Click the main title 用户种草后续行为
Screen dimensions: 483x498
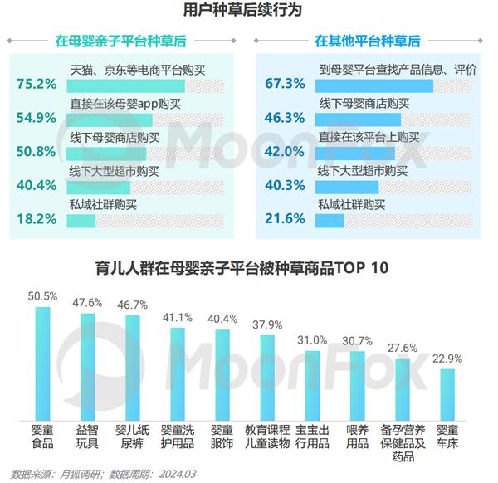coord(248,12)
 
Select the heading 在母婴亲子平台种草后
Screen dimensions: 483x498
coord(120,40)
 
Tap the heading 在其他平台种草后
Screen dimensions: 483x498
coord(367,40)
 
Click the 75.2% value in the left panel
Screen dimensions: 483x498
coord(36,84)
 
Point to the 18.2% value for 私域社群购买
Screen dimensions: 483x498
coord(36,219)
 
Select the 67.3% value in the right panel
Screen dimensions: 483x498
coord(285,84)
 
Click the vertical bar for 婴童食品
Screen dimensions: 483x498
coord(41,365)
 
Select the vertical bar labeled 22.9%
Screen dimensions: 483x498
coord(447,395)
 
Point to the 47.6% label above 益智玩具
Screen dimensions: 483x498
coord(87,302)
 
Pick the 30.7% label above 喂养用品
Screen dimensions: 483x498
coord(358,340)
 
